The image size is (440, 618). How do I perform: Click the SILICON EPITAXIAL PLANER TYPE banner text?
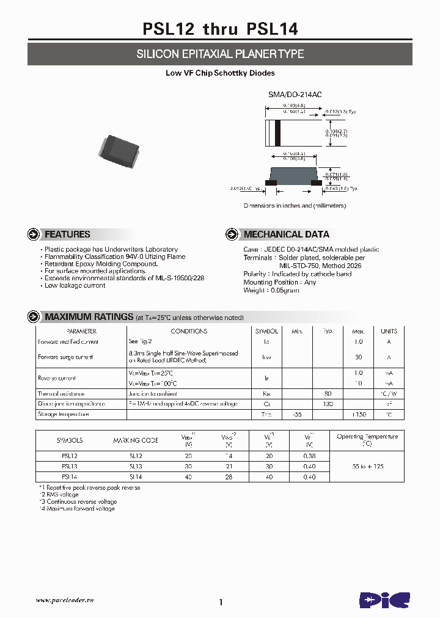point(220,54)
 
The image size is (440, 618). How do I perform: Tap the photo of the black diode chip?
point(119,149)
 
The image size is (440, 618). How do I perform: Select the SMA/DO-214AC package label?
point(295,95)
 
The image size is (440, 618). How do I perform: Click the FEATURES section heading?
point(67,234)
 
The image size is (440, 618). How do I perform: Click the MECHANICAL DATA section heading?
point(286,234)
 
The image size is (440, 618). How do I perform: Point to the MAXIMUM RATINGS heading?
point(89,317)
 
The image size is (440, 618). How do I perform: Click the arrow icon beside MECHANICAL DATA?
point(232,234)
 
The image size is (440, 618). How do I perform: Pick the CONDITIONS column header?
point(189,331)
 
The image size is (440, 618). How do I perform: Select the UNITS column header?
point(389,331)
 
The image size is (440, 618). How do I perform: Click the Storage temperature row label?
point(64,415)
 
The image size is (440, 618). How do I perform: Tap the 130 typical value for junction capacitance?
point(328,404)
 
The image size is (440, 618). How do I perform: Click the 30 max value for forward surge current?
point(358,357)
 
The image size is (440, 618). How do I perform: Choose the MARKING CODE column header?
point(135,440)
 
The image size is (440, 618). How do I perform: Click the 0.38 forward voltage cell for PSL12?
point(309,456)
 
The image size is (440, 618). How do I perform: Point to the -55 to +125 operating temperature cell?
point(367,466)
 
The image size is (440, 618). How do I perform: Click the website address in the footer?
point(67,600)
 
